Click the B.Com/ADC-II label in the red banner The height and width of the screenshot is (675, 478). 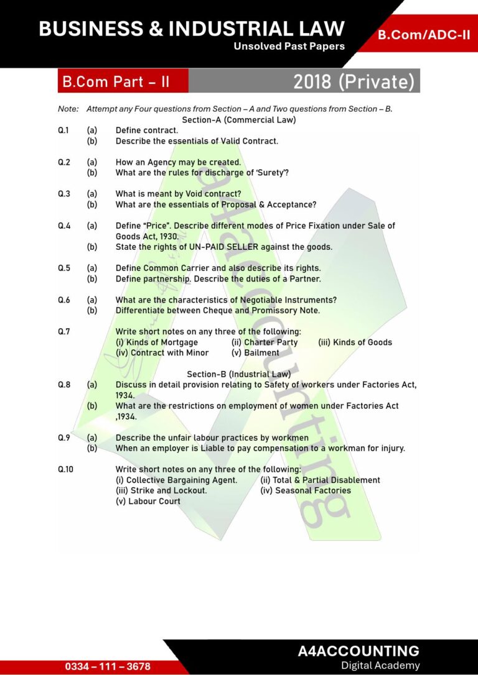(424, 35)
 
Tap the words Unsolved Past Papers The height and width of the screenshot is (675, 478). (289, 46)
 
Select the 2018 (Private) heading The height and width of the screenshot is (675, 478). (354, 81)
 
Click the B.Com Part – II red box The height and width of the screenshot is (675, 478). (116, 81)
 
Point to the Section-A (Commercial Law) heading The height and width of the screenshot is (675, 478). (238, 119)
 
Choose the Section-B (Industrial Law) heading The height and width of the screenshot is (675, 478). (238, 374)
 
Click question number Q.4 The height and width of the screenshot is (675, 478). (64, 226)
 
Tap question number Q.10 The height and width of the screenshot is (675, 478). (65, 469)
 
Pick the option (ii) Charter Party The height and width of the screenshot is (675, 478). (265, 342)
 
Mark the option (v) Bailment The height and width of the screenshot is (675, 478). (255, 352)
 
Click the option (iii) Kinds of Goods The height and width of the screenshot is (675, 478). (355, 342)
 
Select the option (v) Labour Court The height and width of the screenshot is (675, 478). (148, 501)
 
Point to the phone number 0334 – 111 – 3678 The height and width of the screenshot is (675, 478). (108, 666)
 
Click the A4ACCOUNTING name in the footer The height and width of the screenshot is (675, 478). (358, 651)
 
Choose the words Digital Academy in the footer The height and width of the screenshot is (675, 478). (380, 666)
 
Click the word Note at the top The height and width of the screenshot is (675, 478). (68, 109)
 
